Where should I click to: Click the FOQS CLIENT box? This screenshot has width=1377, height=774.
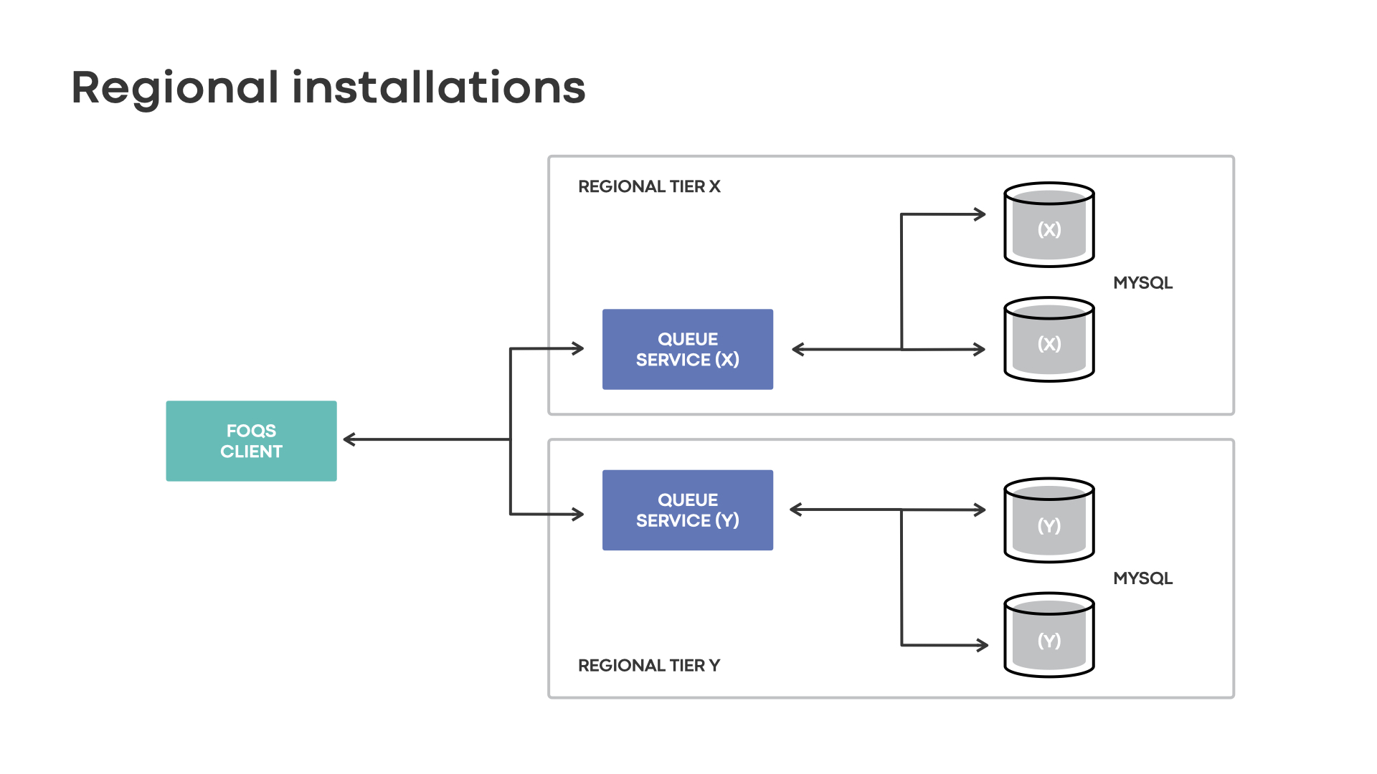251,441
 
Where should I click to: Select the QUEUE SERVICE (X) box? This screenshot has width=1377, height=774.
687,349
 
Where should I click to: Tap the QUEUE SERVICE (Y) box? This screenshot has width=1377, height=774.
687,510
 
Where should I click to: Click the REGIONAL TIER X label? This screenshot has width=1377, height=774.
649,186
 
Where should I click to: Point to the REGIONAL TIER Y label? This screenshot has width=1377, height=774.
649,665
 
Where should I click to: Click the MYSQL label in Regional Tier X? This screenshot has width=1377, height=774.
1142,282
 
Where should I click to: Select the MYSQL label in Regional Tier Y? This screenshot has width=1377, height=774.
1142,578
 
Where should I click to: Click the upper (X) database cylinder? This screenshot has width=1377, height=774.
1049,225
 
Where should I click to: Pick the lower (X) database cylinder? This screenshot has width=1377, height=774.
1049,340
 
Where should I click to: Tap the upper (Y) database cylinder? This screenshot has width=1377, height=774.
1049,521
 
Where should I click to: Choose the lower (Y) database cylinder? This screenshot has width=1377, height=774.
1049,636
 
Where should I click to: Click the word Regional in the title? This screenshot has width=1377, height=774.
175,88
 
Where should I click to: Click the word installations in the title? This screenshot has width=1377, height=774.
439,87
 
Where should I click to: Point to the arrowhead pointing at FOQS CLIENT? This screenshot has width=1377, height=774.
349,439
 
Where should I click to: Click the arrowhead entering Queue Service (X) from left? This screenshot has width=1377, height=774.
579,349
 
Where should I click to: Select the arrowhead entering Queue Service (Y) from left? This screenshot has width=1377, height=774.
579,514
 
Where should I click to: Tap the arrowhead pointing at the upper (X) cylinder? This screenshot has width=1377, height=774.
980,214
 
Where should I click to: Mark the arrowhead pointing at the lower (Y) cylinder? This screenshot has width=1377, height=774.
983,645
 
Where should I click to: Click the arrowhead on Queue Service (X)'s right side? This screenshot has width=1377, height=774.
798,349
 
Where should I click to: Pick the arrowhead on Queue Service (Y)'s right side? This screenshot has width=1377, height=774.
795,510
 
